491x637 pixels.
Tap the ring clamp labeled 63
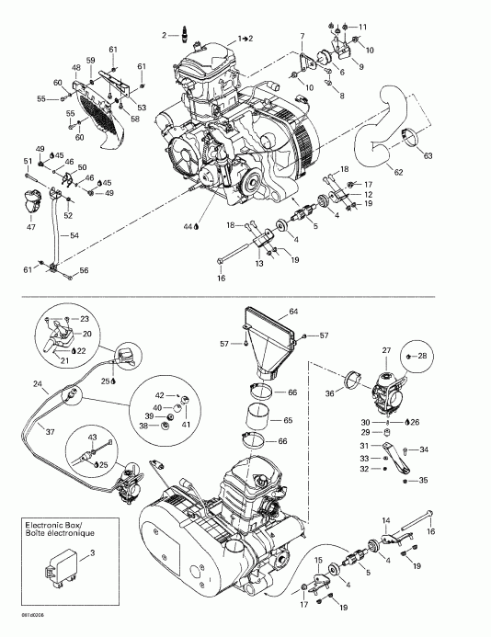click(x=409, y=142)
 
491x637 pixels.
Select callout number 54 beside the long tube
click(x=74, y=236)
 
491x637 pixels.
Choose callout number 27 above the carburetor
click(x=386, y=349)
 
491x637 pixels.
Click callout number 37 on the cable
click(x=51, y=432)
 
